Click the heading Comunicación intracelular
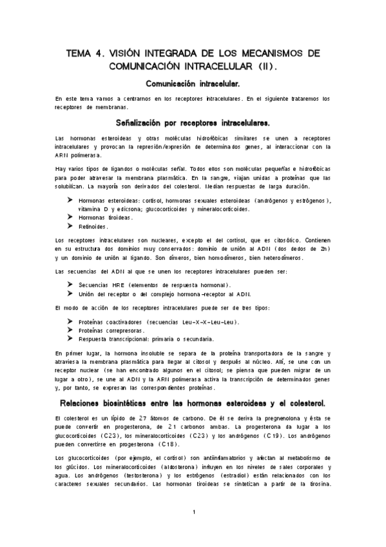coord(193,84)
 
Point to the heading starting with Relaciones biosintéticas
coord(193,403)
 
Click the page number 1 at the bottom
coord(193,513)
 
